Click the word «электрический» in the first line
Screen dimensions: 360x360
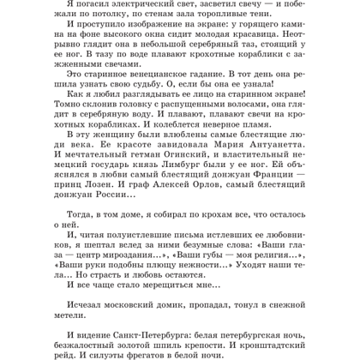click(139, 5)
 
